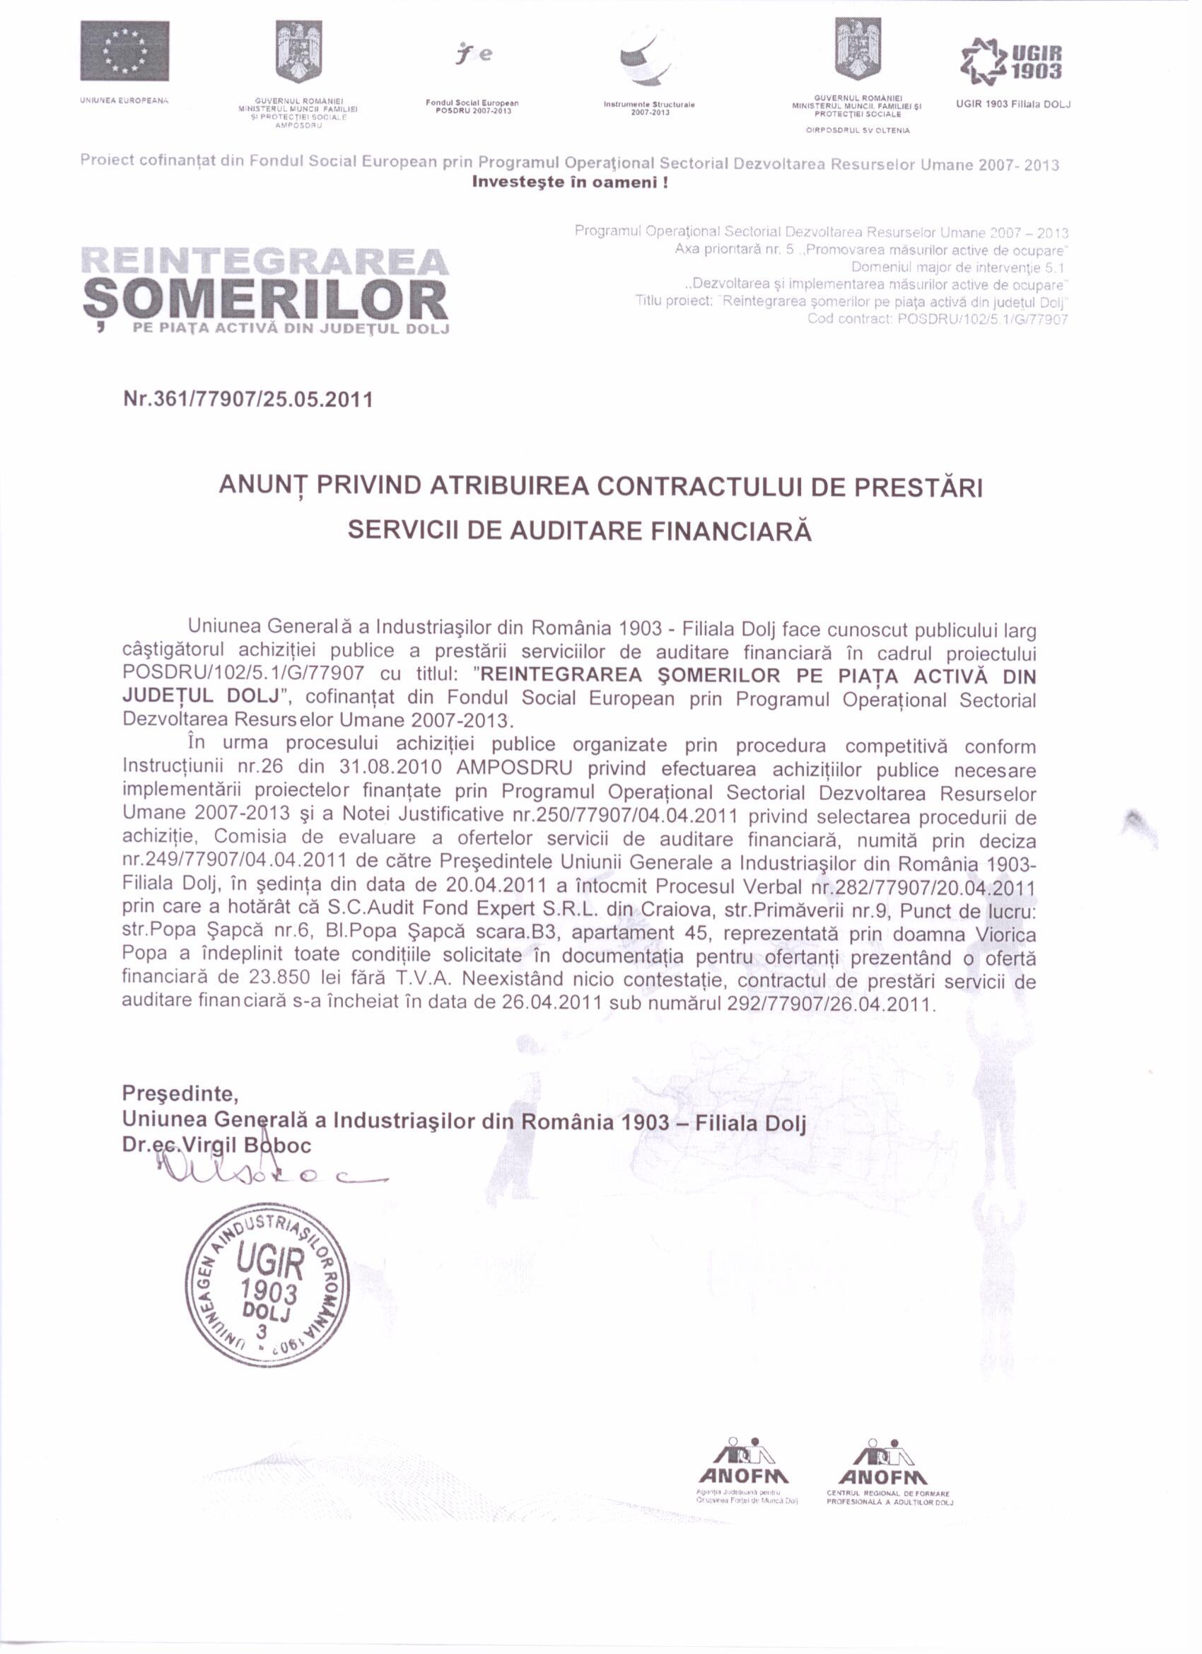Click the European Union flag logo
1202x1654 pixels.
pos(124,50)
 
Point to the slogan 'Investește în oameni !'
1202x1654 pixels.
pos(571,183)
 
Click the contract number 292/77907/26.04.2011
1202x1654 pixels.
pos(828,1002)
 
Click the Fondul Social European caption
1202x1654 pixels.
pos(472,105)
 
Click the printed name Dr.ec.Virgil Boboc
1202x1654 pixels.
pos(217,1145)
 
